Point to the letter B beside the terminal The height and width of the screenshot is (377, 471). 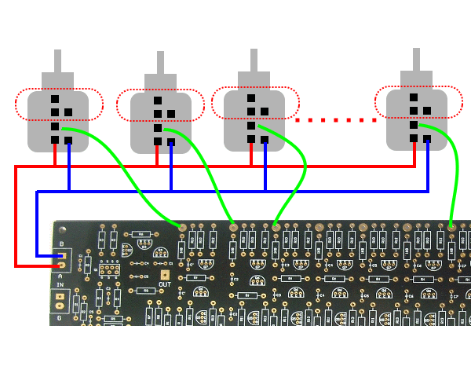point(61,244)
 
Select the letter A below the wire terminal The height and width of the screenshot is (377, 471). point(60,275)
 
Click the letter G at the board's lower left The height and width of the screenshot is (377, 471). point(58,318)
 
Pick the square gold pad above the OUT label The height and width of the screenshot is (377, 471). point(165,275)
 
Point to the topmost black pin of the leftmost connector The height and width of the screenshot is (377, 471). point(55,100)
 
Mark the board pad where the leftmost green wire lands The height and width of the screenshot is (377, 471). point(183,227)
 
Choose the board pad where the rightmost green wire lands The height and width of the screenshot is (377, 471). point(451,226)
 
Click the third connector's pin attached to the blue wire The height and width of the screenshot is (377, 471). point(265,139)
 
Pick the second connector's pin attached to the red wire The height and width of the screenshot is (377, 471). point(158,141)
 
